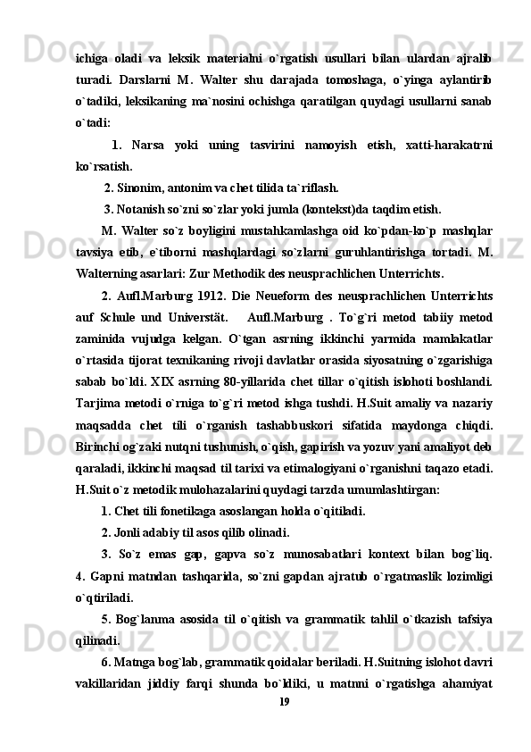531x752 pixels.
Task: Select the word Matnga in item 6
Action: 133,662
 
